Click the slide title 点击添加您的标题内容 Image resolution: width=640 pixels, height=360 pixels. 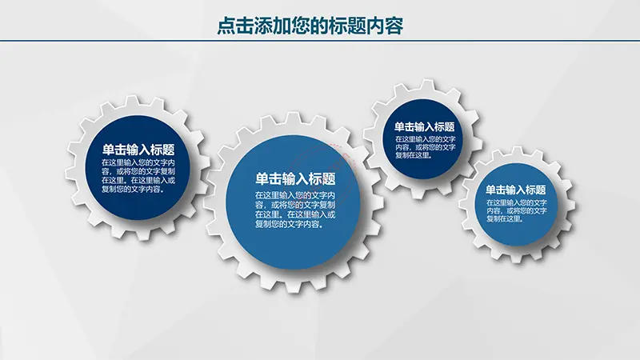310,26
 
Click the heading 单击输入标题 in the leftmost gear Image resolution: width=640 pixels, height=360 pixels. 138,150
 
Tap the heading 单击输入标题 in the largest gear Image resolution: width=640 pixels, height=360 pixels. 295,178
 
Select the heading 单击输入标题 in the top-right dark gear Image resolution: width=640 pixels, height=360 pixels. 425,126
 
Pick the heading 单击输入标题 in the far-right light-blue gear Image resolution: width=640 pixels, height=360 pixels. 516,190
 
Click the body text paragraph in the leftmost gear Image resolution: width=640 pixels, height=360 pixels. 138,175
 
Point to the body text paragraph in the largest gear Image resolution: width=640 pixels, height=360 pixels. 295,210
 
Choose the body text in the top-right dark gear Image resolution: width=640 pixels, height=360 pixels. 425,147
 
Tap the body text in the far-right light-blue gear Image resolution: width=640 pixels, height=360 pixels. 516,210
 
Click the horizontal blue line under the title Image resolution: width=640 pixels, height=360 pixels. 320,41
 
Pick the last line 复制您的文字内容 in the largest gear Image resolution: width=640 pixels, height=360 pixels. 290,224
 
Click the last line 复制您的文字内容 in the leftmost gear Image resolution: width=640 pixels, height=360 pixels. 133,189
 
